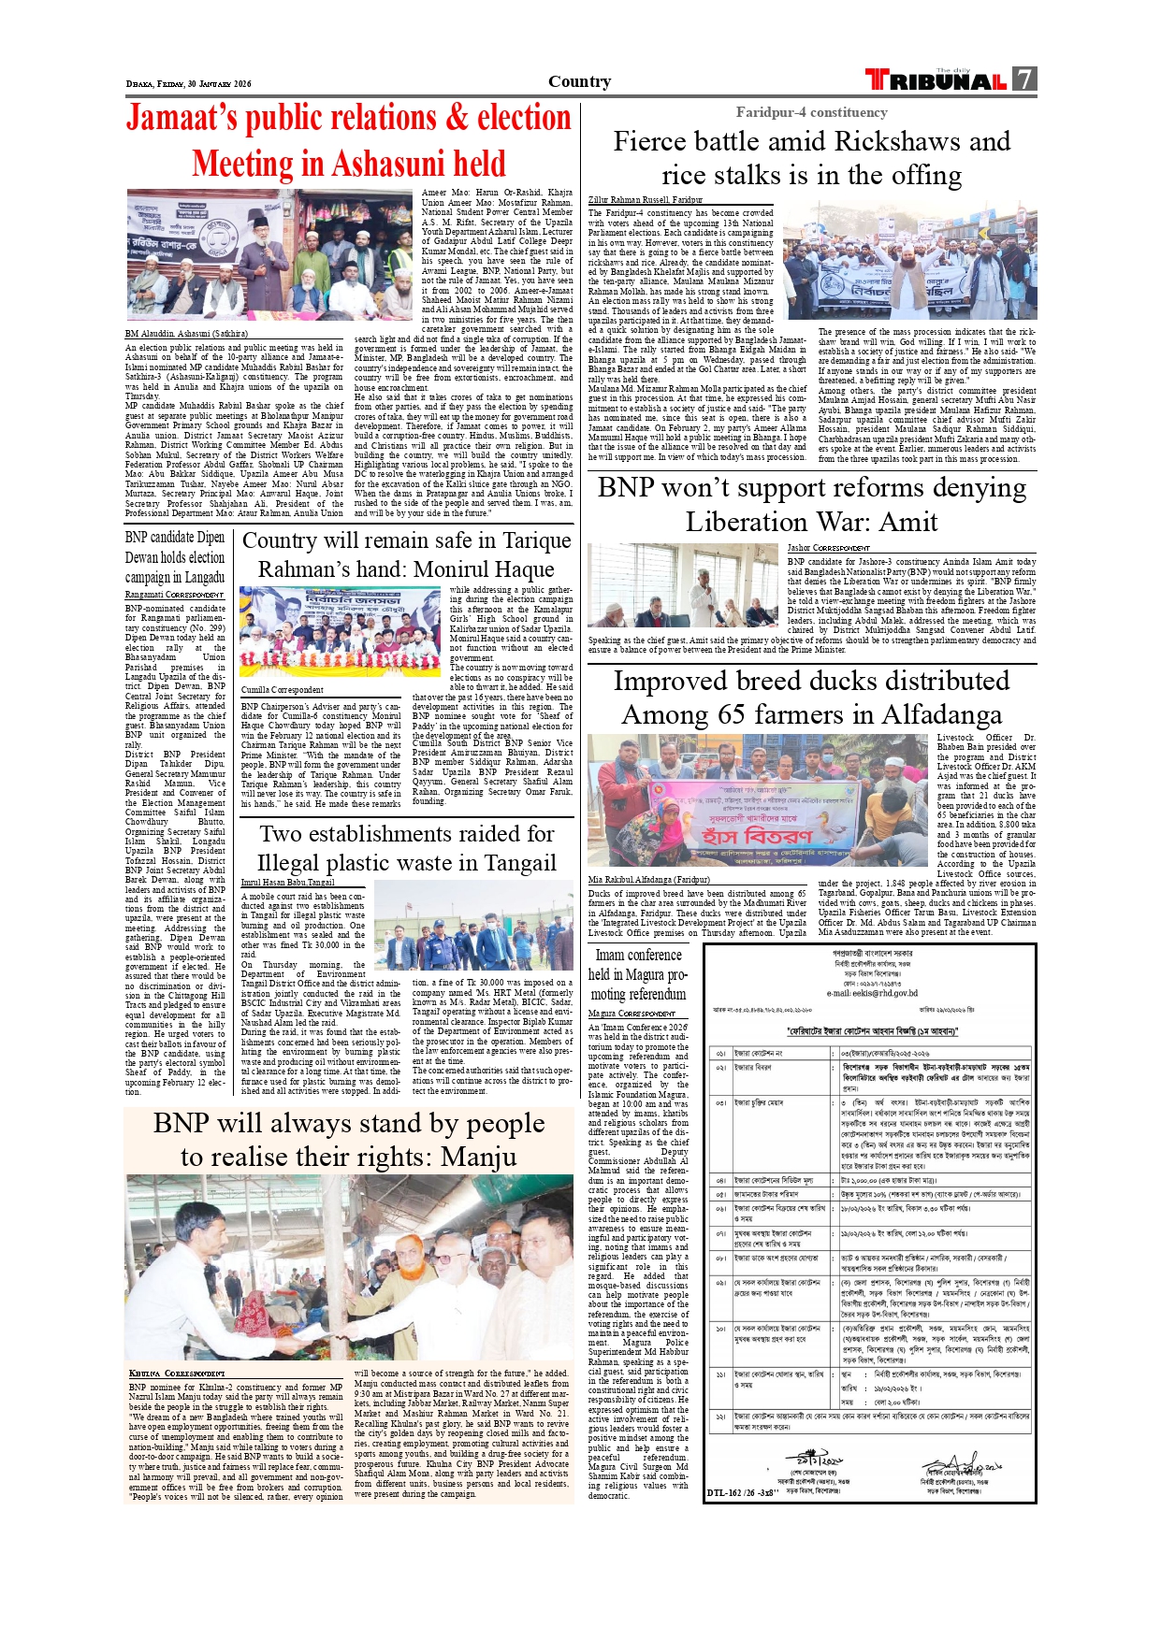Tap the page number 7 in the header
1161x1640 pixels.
point(1024,79)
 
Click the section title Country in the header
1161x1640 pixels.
point(579,81)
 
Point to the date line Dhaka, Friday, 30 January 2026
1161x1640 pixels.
point(189,84)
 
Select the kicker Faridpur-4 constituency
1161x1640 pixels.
point(811,112)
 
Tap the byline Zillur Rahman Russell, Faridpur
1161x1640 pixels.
point(645,200)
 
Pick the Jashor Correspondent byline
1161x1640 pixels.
point(828,548)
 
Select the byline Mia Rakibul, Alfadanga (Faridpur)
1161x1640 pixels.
point(648,879)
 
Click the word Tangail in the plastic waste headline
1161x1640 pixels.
point(509,863)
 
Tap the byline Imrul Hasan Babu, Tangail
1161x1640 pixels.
point(287,882)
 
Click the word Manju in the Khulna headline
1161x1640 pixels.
point(478,1158)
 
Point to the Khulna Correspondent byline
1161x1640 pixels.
point(177,1374)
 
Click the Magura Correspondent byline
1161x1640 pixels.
point(631,1014)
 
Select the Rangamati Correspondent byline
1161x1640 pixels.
point(174,595)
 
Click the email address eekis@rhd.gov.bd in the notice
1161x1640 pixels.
point(872,994)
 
